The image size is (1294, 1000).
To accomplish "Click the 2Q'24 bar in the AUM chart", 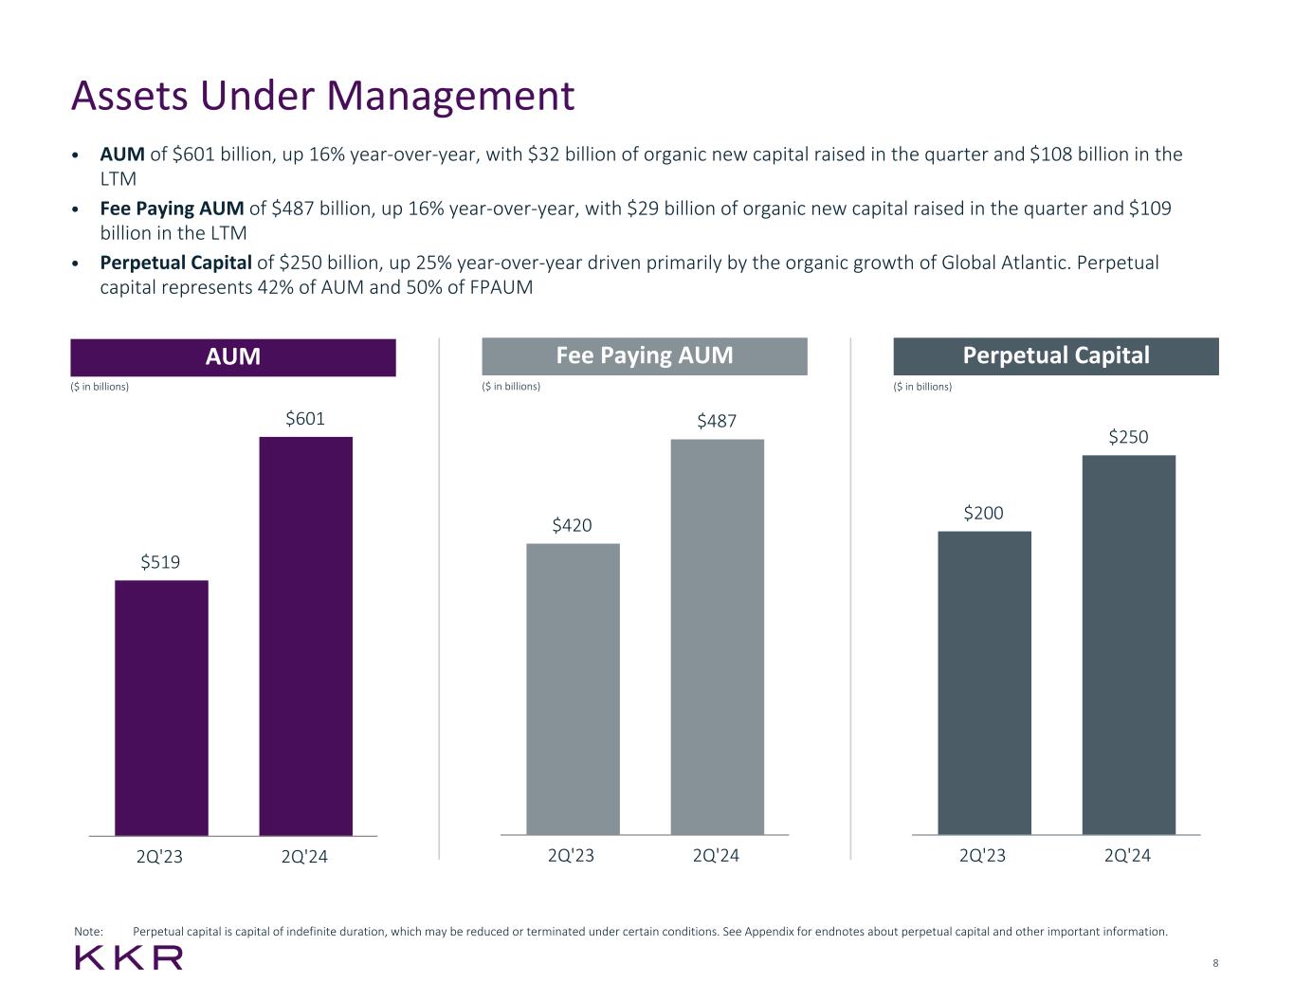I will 305,635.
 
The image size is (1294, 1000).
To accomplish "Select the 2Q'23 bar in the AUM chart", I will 161,707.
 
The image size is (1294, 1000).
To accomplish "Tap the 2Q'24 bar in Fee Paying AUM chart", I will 717,636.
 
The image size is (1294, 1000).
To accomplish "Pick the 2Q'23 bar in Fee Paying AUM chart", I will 573,688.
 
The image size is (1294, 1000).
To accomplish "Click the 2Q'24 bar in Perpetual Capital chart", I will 1128,645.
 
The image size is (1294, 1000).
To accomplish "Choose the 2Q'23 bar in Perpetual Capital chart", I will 984,682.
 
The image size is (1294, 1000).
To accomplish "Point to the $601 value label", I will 305,418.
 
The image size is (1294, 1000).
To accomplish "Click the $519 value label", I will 160,562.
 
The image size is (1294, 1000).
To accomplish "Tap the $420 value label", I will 572,525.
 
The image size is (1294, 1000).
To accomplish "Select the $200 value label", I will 983,513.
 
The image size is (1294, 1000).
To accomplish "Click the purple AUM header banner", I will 233,357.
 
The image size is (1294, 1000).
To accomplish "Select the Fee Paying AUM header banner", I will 645,356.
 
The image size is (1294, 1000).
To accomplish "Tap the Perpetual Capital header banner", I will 1056,356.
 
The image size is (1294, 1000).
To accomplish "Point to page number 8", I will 1215,963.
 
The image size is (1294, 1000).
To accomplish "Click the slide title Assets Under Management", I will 322,96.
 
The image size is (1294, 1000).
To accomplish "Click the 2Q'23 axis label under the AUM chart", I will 159,857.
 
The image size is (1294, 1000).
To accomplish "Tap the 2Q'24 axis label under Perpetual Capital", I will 1127,855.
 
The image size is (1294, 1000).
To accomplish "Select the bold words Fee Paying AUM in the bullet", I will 172,209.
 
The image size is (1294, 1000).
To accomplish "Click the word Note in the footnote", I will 87,932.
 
